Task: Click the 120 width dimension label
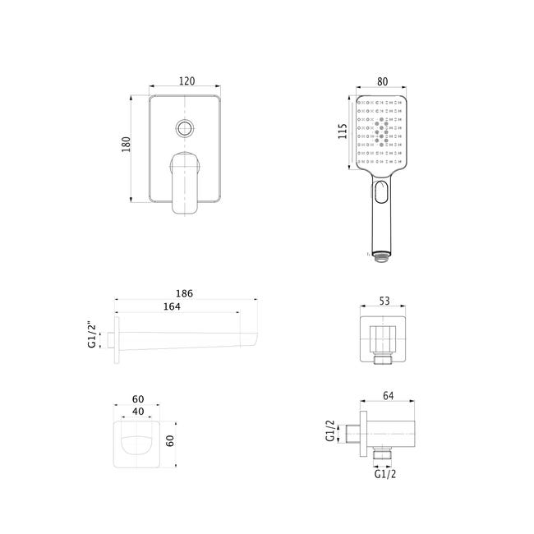(x=187, y=81)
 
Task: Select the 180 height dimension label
(x=126, y=144)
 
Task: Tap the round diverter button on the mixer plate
(x=185, y=128)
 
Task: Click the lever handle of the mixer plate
(x=184, y=183)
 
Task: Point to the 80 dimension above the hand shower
(x=383, y=81)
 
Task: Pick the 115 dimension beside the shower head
(x=343, y=131)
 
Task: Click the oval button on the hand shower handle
(x=381, y=191)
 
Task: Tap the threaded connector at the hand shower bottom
(x=381, y=256)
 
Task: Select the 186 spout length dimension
(x=184, y=293)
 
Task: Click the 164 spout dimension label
(x=172, y=306)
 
